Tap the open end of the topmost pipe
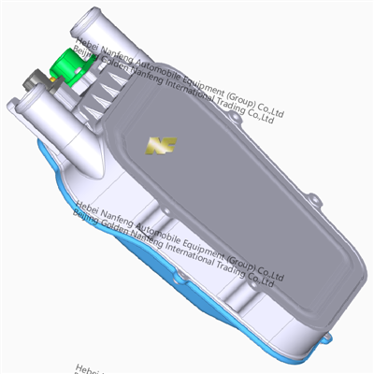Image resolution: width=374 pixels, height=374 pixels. pos(91,17)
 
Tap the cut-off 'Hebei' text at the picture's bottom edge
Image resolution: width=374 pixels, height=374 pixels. pos(89,369)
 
